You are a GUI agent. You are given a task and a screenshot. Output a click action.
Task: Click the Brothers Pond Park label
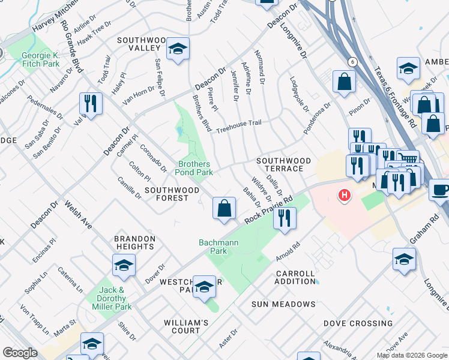click(194, 168)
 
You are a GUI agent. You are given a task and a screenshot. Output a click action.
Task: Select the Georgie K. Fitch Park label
click(41, 59)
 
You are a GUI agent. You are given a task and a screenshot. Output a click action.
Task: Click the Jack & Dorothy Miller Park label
click(115, 298)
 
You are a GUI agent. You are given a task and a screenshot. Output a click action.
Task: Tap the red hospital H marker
click(344, 195)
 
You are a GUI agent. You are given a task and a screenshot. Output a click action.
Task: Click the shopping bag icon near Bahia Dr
click(224, 209)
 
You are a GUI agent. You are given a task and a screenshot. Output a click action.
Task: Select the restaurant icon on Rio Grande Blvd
click(91, 103)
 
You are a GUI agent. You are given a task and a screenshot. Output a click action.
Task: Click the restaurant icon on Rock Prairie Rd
click(285, 218)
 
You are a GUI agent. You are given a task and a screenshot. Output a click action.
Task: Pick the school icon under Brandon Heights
click(124, 265)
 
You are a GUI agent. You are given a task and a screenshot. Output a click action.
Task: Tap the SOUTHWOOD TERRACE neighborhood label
click(284, 165)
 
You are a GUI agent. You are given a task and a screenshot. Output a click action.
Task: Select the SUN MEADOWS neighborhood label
click(283, 304)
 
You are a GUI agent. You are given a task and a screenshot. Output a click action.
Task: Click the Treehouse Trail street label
click(239, 123)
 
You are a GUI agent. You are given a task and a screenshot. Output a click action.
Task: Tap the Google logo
click(20, 353)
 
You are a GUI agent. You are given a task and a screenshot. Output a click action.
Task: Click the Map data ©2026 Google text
click(411, 355)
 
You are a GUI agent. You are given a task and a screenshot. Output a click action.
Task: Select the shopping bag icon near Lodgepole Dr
click(345, 83)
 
